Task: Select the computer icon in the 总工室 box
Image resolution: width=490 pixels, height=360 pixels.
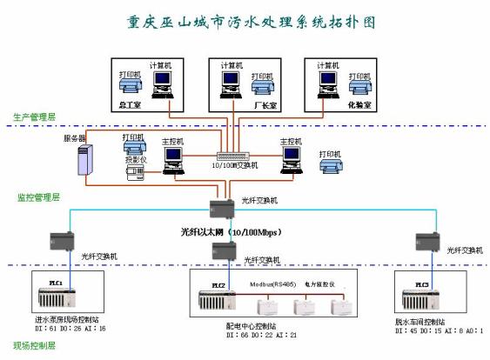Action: click(162, 83)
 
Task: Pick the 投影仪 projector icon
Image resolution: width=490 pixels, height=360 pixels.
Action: click(135, 170)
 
